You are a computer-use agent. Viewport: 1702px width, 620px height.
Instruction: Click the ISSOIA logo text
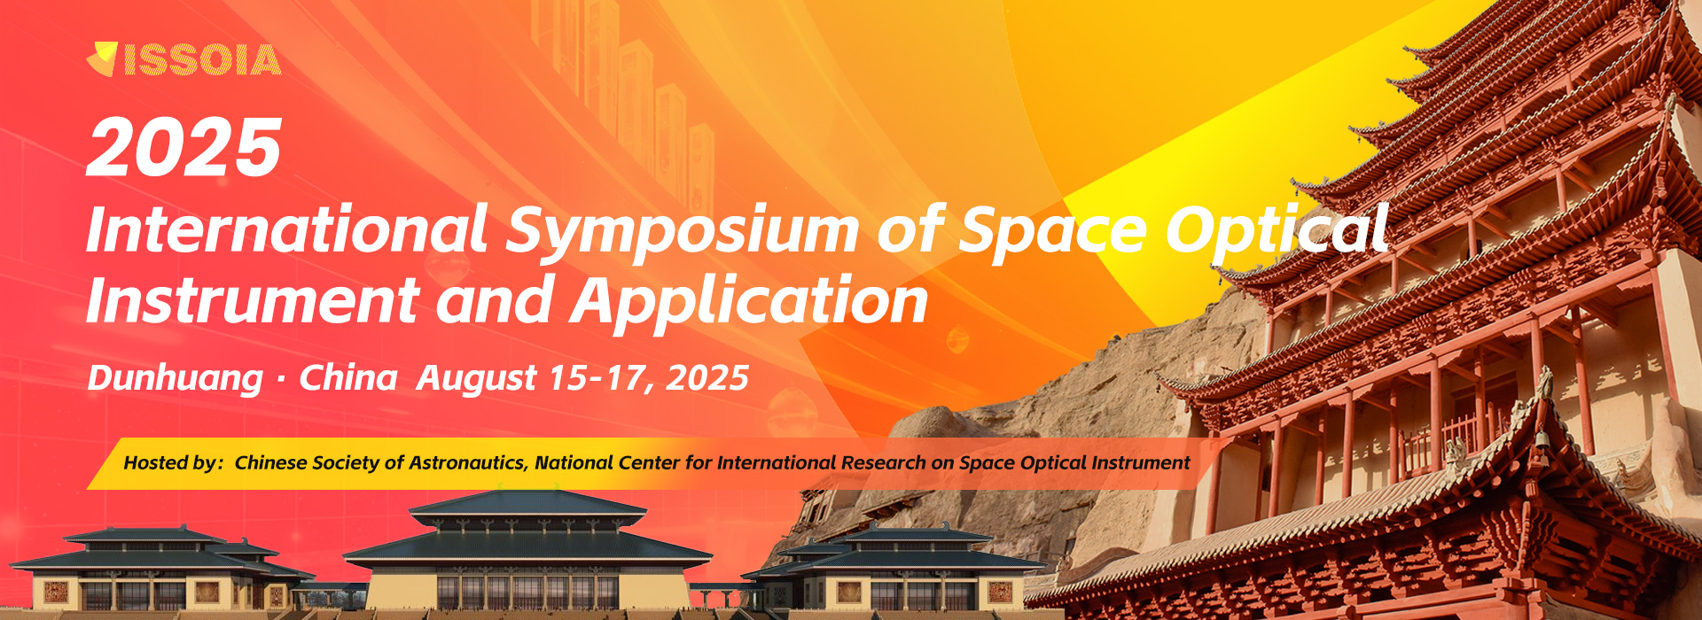(202, 60)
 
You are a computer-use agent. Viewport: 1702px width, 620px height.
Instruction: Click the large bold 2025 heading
(184, 147)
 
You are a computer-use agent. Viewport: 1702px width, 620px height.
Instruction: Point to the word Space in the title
(1054, 232)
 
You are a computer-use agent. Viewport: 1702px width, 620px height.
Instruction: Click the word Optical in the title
(1277, 229)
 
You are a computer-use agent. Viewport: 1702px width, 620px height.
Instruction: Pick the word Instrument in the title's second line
(253, 300)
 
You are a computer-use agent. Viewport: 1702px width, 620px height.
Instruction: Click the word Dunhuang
(176, 378)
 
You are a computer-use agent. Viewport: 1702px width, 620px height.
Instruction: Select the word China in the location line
(347, 377)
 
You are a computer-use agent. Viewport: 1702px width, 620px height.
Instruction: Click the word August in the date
(477, 378)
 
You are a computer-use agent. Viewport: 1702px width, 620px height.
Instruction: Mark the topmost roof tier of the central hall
(528, 503)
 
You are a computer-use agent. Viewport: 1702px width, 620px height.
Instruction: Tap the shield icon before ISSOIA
(103, 58)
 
